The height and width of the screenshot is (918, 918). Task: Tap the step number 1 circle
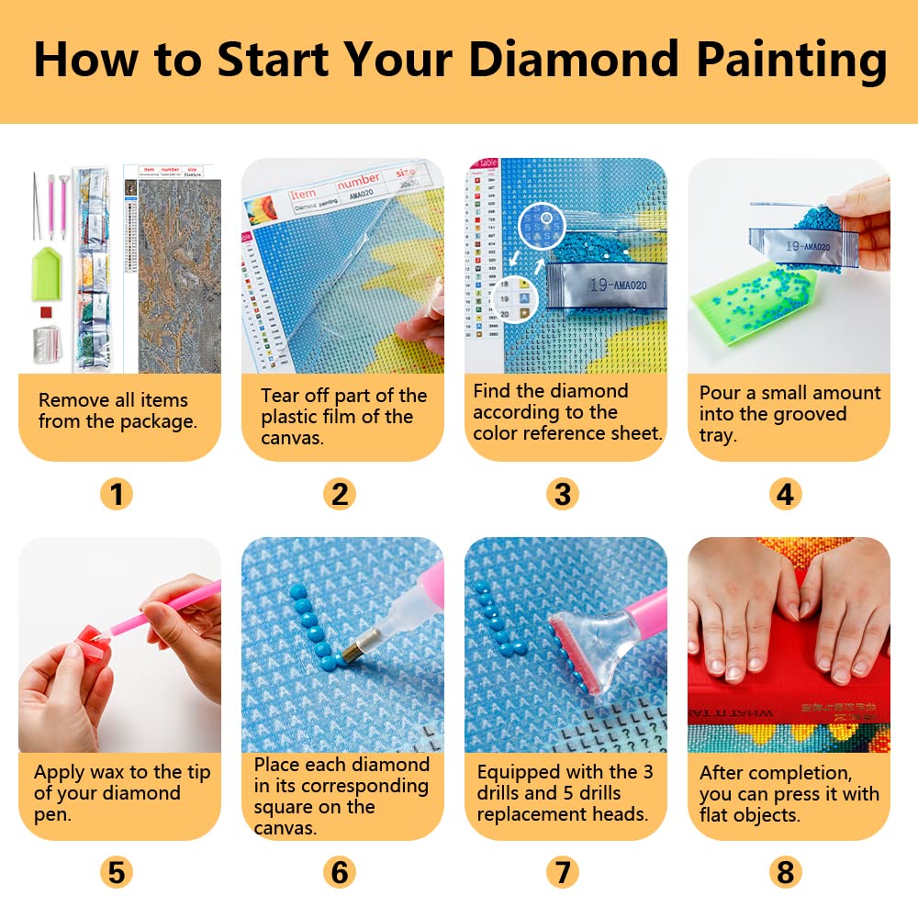(117, 495)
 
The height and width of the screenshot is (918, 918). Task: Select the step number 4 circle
(785, 495)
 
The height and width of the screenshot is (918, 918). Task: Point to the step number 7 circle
(563, 871)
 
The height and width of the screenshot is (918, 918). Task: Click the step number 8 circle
(785, 871)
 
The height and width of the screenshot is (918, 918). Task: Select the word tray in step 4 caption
(718, 435)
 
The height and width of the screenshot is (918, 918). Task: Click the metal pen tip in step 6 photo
(352, 653)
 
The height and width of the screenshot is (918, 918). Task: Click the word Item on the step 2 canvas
(304, 194)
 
